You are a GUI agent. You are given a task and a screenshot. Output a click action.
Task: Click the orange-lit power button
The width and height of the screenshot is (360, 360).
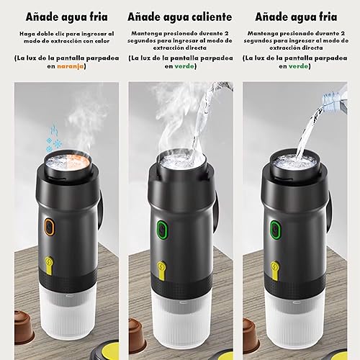[50, 226]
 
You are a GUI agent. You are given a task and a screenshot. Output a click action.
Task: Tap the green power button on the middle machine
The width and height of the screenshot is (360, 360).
[162, 230]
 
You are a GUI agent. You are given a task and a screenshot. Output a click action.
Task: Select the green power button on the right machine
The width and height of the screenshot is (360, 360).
[276, 230]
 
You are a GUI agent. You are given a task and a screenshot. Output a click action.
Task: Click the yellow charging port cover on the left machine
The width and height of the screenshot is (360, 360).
[50, 266]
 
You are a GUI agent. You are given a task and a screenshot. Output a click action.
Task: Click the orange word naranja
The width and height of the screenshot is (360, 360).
[71, 66]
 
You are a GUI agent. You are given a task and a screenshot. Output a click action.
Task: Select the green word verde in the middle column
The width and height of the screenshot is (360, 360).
[184, 66]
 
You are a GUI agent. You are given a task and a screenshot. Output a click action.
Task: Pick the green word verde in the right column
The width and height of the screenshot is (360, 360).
[298, 66]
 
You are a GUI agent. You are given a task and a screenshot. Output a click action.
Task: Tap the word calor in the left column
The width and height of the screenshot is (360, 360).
[102, 41]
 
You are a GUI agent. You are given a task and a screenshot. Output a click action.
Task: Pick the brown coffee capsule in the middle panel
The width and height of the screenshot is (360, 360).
[138, 333]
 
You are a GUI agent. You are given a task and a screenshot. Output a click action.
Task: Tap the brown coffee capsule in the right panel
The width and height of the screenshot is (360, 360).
[251, 333]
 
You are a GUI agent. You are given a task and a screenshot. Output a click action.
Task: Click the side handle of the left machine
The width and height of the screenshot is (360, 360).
[100, 208]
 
